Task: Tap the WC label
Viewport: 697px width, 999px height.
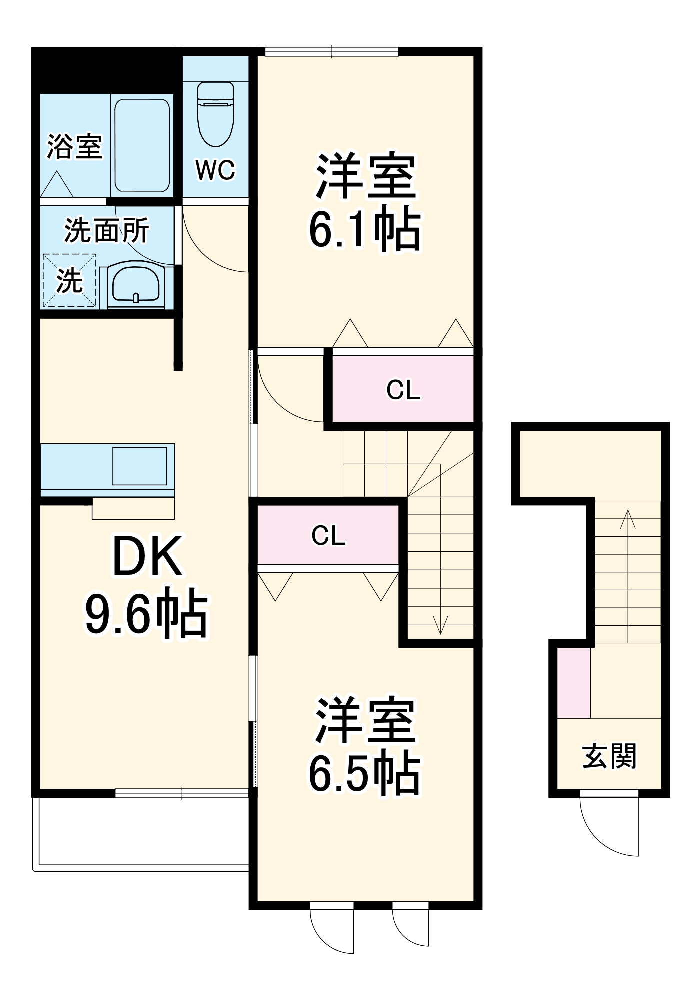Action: coord(215,170)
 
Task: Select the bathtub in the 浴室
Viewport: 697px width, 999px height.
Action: coord(142,145)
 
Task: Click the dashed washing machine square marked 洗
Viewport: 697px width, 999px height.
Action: coord(69,280)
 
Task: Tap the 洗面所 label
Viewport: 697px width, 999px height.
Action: coord(106,230)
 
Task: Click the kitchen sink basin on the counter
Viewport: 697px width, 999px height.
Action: coord(140,466)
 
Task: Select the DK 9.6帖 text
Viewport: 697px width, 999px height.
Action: coord(146,584)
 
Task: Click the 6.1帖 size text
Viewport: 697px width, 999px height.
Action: coord(365,230)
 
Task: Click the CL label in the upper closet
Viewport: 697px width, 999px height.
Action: coord(403,390)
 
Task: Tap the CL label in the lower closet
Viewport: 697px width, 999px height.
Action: coord(328,536)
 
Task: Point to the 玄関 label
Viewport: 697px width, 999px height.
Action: coord(609,756)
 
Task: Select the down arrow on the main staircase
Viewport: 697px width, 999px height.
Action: coord(440,624)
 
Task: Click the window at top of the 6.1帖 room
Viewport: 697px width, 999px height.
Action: coord(332,51)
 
